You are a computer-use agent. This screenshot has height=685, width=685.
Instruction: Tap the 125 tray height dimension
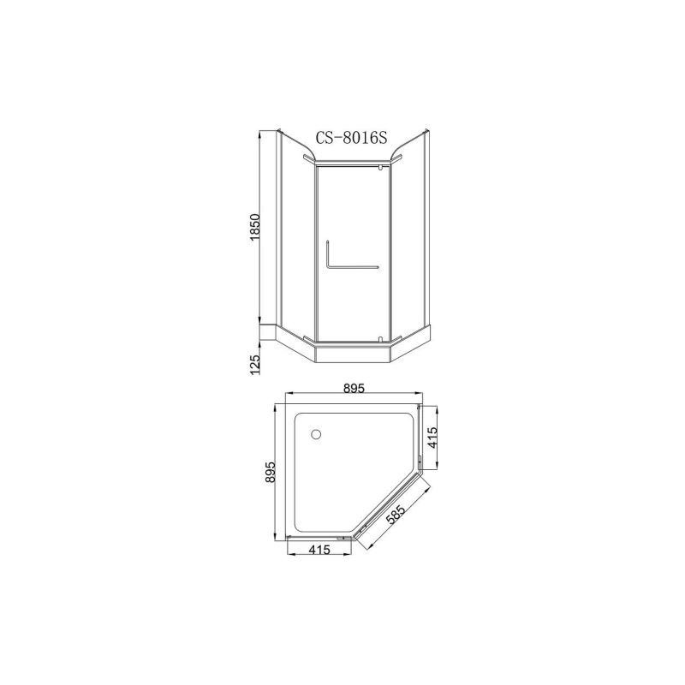tap(254, 365)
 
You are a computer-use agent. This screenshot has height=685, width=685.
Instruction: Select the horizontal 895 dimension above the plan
tap(354, 388)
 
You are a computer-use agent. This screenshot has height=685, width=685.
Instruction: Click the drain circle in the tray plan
tap(319, 435)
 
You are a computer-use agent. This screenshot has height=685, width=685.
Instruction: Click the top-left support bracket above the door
tap(308, 160)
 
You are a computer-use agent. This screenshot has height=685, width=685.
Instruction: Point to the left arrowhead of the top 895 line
tap(288, 397)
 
